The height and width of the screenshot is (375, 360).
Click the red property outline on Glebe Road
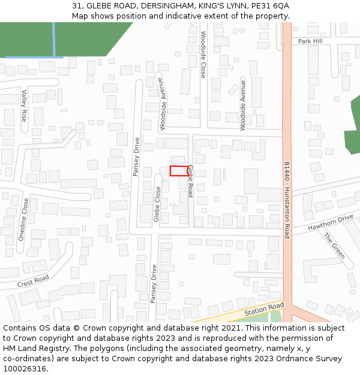coord(179,171)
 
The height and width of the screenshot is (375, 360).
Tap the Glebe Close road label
coord(157,204)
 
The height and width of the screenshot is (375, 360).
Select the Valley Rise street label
coord(25,106)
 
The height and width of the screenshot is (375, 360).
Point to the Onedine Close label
coord(25,220)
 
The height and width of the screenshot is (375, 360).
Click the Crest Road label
coord(32,282)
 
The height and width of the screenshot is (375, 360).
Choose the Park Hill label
coord(310,41)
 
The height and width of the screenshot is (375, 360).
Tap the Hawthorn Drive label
coord(331,224)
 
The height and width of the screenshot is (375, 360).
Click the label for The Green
coord(335,246)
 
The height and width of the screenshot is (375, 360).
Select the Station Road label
coord(264,310)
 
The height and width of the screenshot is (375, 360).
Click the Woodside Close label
coord(203,55)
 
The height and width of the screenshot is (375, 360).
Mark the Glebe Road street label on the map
coord(190,181)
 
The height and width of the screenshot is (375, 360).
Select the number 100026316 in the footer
coord(24,368)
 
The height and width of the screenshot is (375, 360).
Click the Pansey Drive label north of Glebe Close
coord(136,157)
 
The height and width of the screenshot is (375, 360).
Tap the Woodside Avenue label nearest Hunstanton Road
coord(243,104)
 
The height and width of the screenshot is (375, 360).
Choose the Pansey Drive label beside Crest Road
coord(154,284)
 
